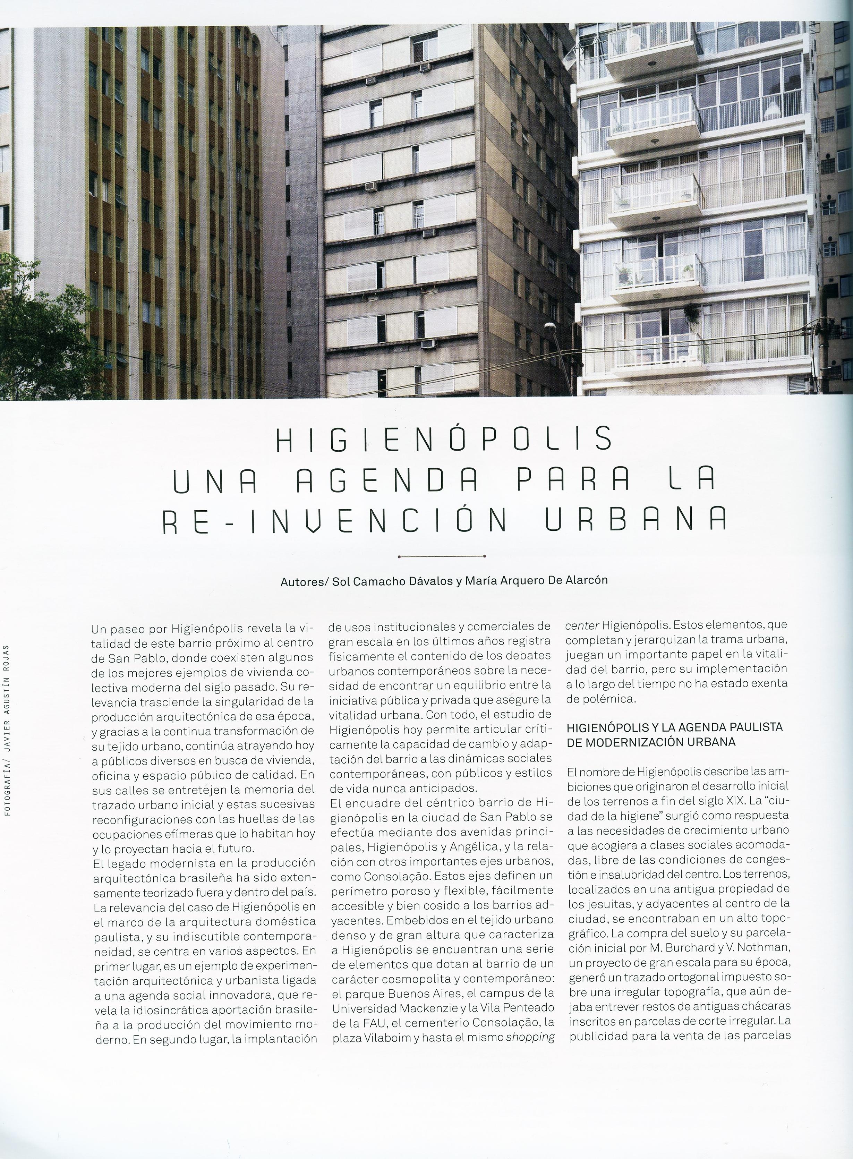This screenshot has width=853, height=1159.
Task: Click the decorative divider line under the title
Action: click(x=442, y=556)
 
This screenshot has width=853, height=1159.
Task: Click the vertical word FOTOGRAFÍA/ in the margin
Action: click(x=7, y=781)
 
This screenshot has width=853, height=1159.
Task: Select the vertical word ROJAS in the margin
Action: click(x=7, y=656)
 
